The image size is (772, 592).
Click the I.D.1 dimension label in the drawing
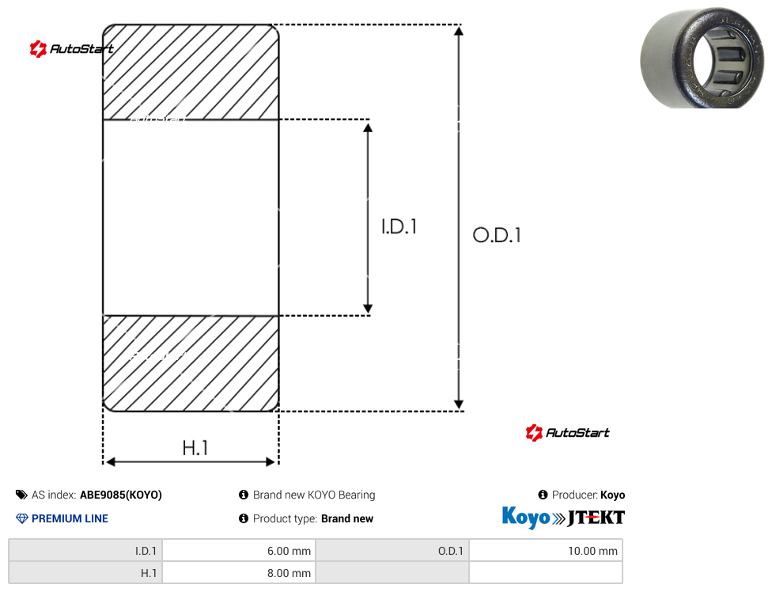point(399,226)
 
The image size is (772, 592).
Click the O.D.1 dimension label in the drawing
point(497,235)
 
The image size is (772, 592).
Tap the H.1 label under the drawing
point(195,448)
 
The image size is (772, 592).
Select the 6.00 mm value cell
point(240,551)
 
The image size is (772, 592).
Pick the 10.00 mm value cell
point(546,551)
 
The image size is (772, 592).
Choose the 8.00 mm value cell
point(240,573)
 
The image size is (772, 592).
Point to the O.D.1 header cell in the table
point(392,551)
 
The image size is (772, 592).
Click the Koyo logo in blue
point(526,517)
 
